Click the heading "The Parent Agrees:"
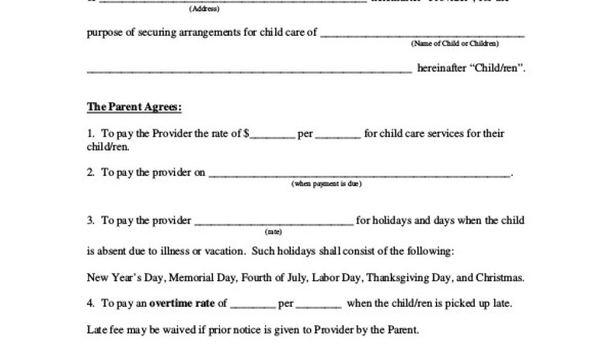[134, 107]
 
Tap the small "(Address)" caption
[204, 9]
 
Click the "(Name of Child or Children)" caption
[455, 44]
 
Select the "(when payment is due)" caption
[327, 184]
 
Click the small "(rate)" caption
[273, 232]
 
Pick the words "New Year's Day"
[125, 278]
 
